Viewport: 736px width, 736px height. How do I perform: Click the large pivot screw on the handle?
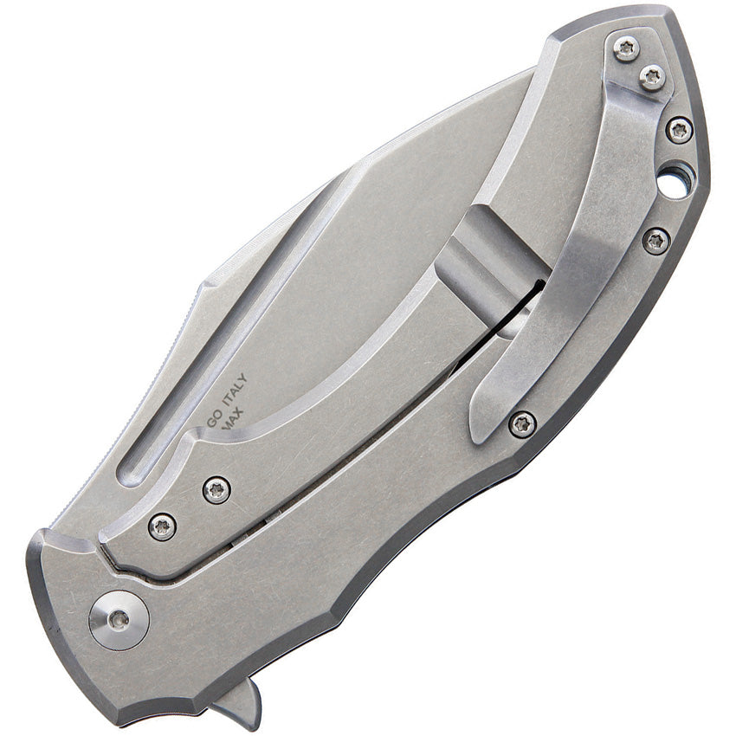point(119,619)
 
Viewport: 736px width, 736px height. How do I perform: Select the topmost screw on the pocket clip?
point(626,48)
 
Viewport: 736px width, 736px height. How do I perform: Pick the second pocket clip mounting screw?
point(652,77)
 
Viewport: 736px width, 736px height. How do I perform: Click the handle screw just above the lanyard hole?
point(680,130)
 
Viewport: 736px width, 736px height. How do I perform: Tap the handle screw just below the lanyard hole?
point(656,241)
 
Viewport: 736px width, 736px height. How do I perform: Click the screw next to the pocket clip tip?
point(521,423)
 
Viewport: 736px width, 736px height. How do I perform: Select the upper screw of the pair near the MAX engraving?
point(216,490)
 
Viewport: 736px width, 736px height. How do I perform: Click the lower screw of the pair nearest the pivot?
point(162,526)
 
